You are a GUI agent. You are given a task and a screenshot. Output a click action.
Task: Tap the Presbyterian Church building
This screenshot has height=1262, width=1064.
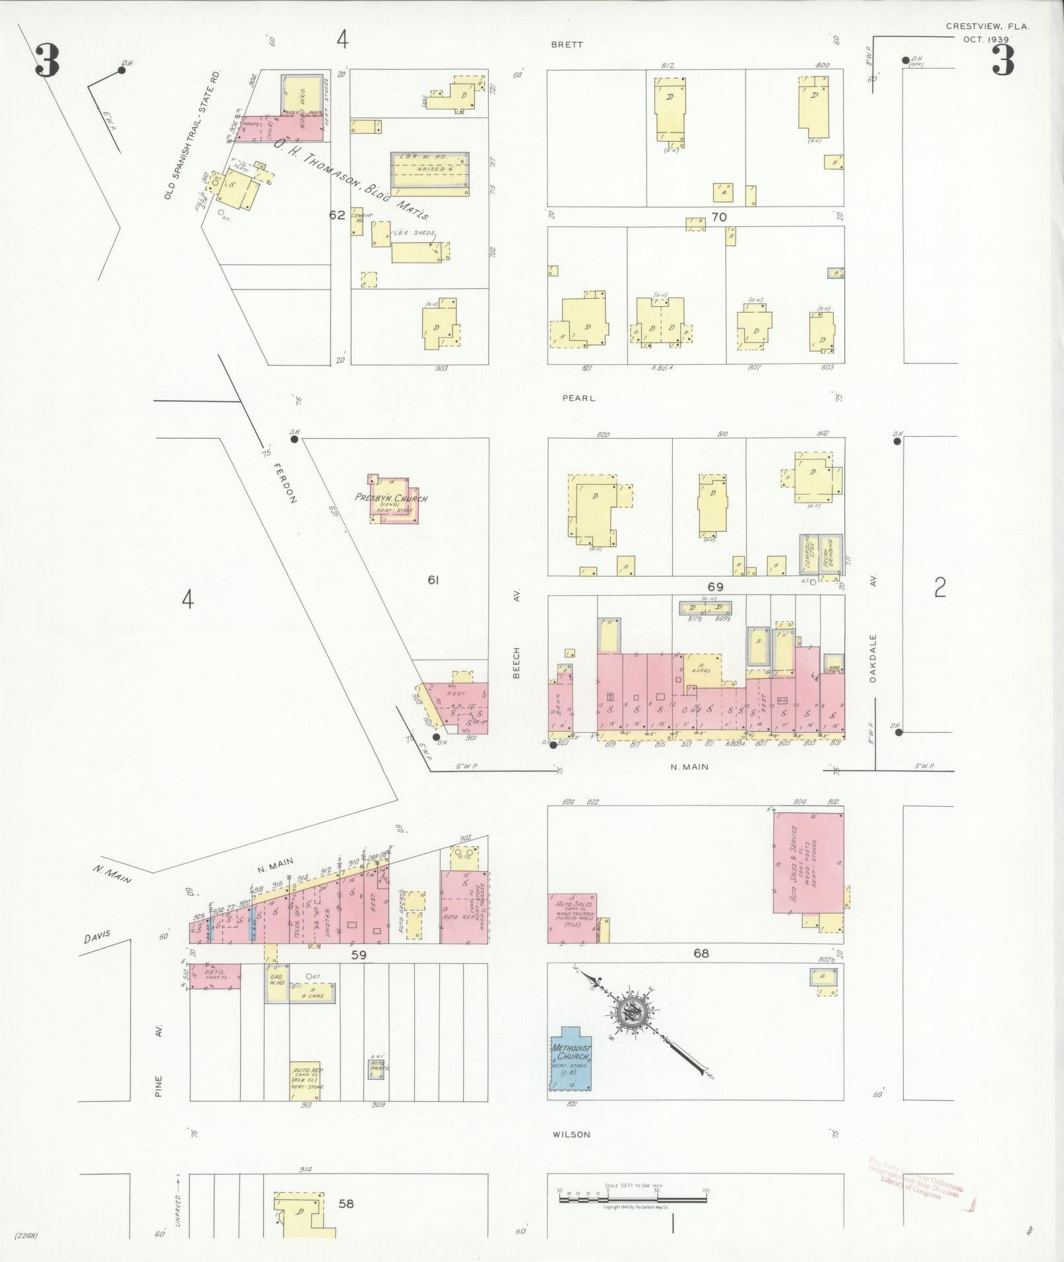393,499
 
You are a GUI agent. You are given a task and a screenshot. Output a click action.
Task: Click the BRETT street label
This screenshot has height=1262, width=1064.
568,45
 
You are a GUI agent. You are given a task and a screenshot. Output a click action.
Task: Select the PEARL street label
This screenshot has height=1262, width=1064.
579,398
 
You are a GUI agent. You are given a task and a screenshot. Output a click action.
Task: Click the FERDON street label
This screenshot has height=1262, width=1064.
284,482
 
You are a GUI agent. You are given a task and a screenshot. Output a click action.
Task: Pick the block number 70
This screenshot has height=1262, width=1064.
718,217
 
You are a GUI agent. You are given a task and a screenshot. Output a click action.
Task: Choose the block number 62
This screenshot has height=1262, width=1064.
337,214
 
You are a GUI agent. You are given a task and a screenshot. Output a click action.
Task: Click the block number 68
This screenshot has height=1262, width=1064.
701,953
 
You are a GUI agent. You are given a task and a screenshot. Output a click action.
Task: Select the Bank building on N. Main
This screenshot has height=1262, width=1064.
559,708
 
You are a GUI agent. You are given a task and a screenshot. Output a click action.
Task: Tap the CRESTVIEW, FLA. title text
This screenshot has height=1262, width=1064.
987,26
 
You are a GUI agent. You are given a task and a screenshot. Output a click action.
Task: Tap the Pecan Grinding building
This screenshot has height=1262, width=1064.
829,554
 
